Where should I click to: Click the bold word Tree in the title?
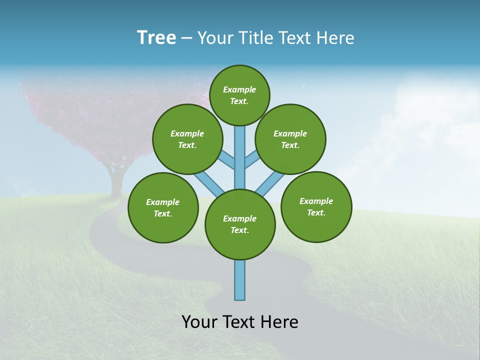(x=156, y=37)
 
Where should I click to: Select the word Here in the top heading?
(x=336, y=37)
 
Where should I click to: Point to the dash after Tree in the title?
(x=186, y=38)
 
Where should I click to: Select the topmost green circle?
(x=239, y=95)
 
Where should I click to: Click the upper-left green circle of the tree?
(x=187, y=139)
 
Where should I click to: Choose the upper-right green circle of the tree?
(x=290, y=139)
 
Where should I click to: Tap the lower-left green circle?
(x=163, y=207)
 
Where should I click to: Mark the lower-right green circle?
(x=316, y=206)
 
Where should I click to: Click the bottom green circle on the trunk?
(x=240, y=224)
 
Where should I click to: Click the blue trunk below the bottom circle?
(x=240, y=280)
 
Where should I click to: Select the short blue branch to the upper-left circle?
(x=227, y=161)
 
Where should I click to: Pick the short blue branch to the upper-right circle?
(x=252, y=160)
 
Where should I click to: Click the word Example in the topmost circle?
(x=239, y=89)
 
